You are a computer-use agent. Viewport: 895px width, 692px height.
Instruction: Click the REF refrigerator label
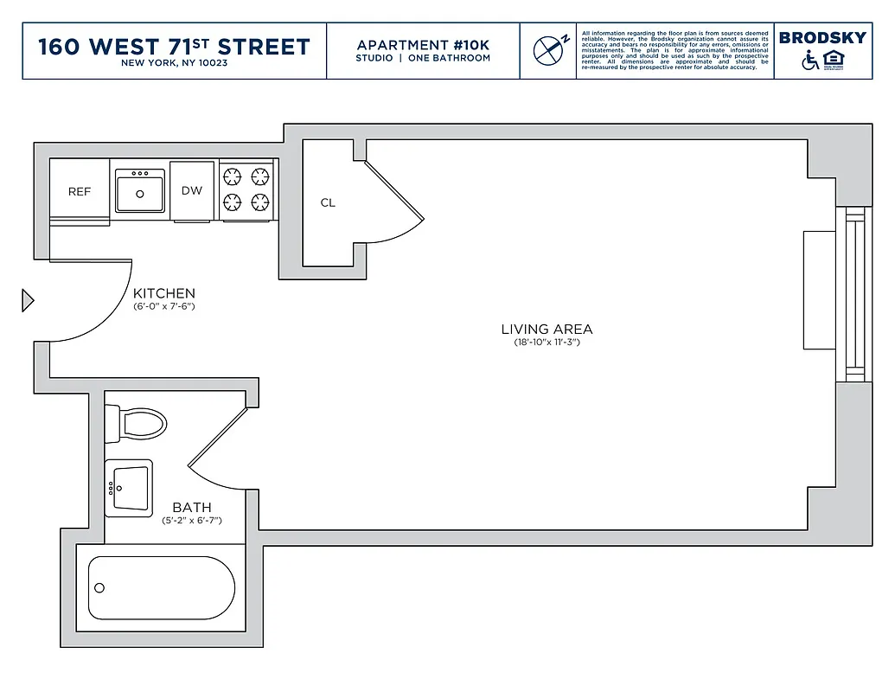[80, 191]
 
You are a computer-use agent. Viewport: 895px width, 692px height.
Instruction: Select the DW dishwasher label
[192, 190]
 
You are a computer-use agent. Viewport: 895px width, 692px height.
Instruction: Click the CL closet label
[328, 203]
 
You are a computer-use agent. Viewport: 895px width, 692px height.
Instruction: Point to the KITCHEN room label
[164, 294]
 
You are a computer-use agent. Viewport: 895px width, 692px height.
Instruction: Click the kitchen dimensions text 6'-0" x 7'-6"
[164, 307]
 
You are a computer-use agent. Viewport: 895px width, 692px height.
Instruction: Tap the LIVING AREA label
[547, 330]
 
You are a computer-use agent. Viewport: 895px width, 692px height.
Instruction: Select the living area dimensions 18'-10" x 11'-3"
[547, 343]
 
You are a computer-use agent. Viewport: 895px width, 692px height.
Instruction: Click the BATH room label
[192, 508]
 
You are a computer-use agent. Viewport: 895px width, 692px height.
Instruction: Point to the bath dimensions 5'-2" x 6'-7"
[192, 521]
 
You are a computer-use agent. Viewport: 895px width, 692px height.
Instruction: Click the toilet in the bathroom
[138, 424]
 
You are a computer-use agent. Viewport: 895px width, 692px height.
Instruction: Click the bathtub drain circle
[99, 588]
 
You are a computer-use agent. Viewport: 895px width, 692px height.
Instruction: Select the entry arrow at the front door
[28, 301]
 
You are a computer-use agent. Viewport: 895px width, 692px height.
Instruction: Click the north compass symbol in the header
[548, 50]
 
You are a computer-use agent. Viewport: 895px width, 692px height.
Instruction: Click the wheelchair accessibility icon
[810, 61]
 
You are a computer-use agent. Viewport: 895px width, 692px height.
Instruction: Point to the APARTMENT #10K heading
[423, 45]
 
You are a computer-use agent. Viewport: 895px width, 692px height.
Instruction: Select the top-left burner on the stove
[233, 177]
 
